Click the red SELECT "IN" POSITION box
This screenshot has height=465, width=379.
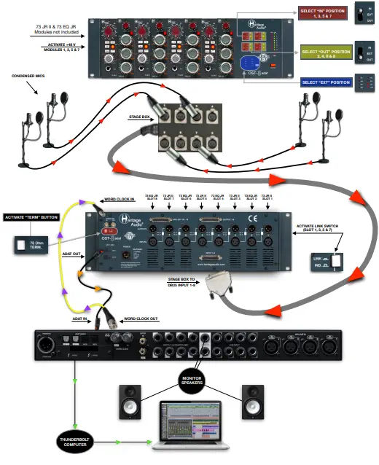[x=321, y=13]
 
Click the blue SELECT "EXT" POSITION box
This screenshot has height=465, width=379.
[x=321, y=82]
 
